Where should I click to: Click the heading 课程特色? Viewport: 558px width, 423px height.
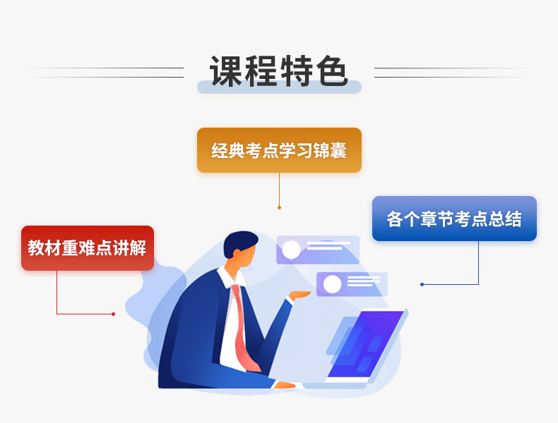[279, 71]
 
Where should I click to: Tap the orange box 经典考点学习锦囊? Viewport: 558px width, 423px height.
[280, 150]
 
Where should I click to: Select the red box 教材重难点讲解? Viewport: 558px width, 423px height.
[88, 248]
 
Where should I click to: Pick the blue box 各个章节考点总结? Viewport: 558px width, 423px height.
[454, 219]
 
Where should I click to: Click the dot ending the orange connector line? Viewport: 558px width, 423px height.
[280, 207]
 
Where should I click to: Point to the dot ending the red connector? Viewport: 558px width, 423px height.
[113, 314]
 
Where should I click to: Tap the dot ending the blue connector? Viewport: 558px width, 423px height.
[422, 285]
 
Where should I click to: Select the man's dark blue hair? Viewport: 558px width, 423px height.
[239, 243]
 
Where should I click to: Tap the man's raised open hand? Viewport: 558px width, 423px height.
[299, 295]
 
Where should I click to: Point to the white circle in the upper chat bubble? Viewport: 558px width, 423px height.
[291, 250]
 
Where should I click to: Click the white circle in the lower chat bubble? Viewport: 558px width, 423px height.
[332, 284]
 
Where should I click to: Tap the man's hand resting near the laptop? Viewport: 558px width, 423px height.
[285, 385]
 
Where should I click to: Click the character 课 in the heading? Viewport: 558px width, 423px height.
[226, 71]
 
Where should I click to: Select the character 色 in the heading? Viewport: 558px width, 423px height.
[332, 71]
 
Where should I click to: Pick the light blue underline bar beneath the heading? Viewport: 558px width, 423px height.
[280, 87]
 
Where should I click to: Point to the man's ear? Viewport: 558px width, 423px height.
[237, 253]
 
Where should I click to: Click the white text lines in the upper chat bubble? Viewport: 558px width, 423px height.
[328, 246]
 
